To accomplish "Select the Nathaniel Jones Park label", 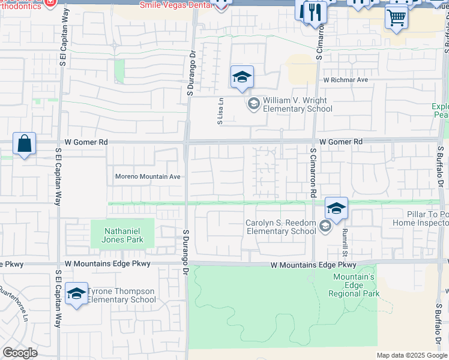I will coord(122,233).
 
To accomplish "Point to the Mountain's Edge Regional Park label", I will coord(354,285).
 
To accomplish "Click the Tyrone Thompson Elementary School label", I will coord(122,295).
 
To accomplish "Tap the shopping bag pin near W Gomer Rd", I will coord(24,145).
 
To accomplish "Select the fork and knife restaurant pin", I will coord(315,12).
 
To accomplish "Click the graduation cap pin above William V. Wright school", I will coord(242,77).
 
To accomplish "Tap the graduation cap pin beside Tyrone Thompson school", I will coord(76,294).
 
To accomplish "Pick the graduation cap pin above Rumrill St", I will coord(337,209).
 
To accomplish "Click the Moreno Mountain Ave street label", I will coord(148,176).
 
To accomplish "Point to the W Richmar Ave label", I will coord(345,79).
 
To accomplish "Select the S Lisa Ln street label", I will coord(220,112).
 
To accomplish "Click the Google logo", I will coord(20,353).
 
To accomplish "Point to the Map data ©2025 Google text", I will coord(412,355).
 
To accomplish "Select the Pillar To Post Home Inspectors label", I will coord(420,218).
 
